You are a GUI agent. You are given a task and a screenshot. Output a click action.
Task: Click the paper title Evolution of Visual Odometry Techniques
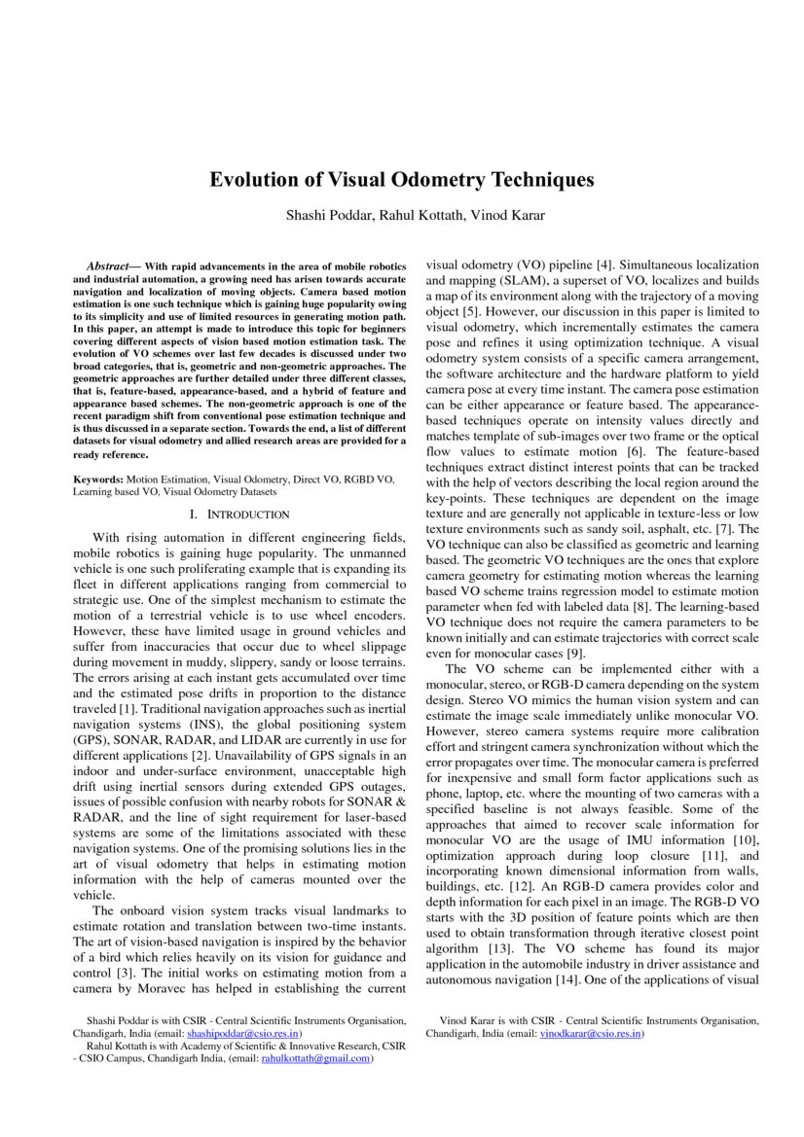(402, 180)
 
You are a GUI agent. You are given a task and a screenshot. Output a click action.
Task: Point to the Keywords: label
(97, 480)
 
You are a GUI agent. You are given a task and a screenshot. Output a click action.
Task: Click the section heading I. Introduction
(239, 514)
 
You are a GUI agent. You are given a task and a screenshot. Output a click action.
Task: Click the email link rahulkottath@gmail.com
(315, 1058)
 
